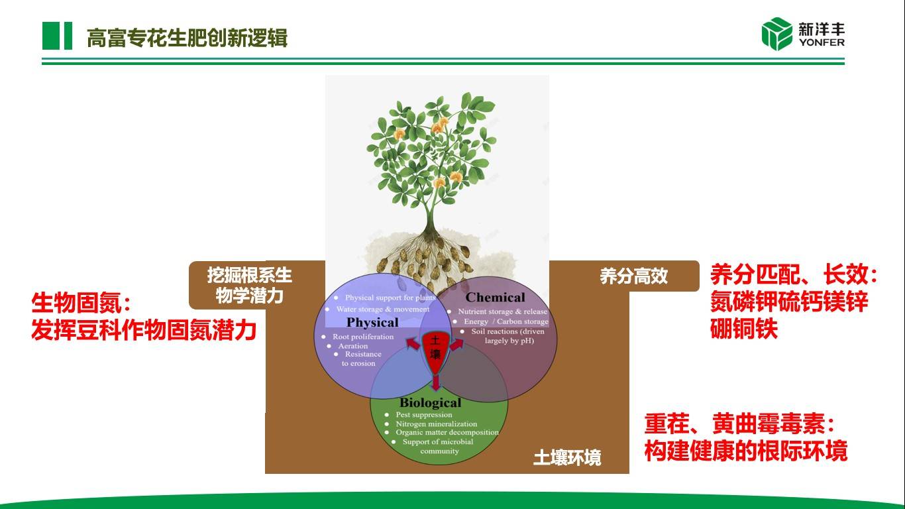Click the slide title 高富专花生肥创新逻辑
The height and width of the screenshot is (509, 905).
187,38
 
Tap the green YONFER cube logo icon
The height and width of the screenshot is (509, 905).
776,34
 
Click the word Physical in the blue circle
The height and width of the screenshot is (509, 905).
372,323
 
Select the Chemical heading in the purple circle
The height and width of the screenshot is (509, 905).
495,298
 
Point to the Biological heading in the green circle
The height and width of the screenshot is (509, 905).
430,403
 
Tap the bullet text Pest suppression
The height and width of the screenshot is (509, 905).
423,415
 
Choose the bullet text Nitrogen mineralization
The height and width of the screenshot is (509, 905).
436,424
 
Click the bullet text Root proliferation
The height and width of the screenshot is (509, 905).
363,337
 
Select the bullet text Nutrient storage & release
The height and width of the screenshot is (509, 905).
503,311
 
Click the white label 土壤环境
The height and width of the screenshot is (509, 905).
567,458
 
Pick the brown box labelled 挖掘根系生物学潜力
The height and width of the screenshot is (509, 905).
249,285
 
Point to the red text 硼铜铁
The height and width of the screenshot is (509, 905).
743,330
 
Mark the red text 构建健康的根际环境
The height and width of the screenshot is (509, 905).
746,451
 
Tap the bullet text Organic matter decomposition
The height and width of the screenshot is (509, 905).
447,433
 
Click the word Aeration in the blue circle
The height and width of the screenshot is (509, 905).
352,346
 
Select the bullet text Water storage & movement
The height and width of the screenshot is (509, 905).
383,310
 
